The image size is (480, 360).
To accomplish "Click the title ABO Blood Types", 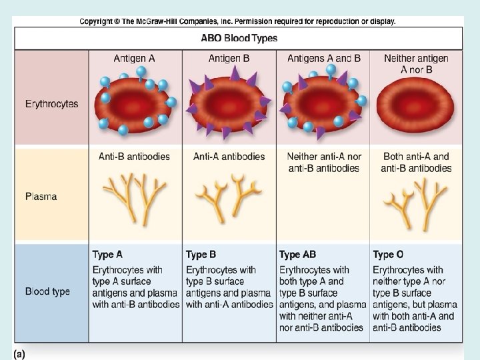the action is point(239,38).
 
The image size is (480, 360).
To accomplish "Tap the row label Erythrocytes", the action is point(52,104).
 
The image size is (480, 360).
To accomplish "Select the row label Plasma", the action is point(41,196).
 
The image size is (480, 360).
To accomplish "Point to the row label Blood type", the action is point(47,291).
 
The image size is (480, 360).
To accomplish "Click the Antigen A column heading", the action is point(134,59).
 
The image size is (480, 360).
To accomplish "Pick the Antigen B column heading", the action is point(229,59).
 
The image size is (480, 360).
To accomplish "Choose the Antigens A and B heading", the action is point(324,59).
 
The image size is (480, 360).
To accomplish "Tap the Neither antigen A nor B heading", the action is point(416,64).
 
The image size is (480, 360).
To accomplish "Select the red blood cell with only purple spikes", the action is point(228,103).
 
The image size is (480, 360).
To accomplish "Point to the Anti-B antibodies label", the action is point(134,157).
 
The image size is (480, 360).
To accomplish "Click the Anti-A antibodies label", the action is point(229,157).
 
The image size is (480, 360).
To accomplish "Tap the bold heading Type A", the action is point(107,255).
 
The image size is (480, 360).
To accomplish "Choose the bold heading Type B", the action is point(201,255).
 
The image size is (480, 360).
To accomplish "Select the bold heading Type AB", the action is point(297,255).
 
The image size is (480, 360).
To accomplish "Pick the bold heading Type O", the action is point(388,255).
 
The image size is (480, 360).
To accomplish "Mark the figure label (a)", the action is point(19,355).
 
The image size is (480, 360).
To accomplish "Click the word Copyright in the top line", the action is point(96,22).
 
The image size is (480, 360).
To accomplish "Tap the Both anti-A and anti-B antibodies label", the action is point(416,163).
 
